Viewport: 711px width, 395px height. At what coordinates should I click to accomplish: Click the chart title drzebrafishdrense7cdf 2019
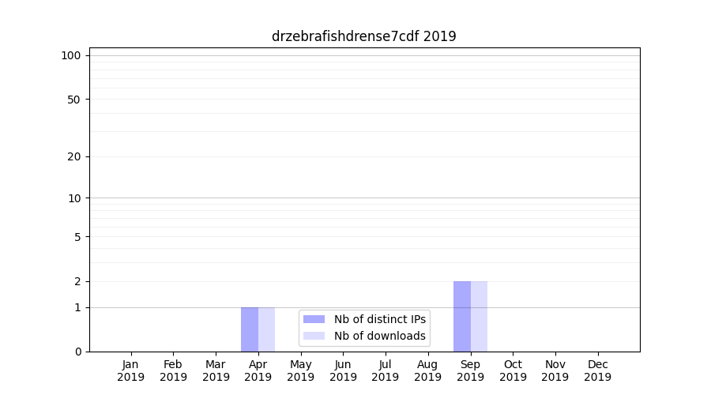click(x=363, y=36)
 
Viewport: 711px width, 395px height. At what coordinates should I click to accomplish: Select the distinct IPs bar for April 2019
click(x=250, y=329)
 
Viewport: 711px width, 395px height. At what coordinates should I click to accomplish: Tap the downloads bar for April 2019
click(x=266, y=329)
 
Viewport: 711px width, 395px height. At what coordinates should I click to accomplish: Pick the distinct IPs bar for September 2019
click(x=462, y=316)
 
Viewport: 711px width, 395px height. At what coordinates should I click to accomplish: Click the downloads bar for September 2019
click(x=479, y=316)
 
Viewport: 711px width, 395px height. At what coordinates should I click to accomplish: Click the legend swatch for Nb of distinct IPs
click(x=314, y=319)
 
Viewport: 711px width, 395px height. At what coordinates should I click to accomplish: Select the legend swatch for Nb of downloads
click(x=314, y=336)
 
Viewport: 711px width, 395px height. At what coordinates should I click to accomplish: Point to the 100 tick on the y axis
click(x=71, y=55)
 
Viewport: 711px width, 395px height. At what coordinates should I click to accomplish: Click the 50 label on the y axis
click(x=74, y=100)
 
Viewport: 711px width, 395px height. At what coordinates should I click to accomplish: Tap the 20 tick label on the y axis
click(x=74, y=156)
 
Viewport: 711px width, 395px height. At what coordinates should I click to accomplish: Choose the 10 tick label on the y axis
click(x=74, y=198)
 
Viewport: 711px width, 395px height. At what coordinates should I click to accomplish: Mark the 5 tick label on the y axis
click(x=77, y=237)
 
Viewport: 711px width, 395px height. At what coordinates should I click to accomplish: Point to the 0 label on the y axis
click(x=77, y=352)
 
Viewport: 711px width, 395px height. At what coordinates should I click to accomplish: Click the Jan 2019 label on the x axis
click(x=131, y=371)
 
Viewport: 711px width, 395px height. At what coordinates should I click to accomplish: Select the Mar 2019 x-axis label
click(x=216, y=371)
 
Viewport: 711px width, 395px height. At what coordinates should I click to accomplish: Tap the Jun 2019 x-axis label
click(x=343, y=371)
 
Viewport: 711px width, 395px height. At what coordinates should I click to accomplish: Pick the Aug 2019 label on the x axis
click(x=428, y=371)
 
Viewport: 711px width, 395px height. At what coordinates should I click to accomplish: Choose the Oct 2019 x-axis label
click(x=513, y=371)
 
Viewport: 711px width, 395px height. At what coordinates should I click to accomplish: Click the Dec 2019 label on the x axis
click(x=598, y=371)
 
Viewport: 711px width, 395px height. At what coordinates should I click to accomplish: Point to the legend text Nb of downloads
click(x=380, y=336)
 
